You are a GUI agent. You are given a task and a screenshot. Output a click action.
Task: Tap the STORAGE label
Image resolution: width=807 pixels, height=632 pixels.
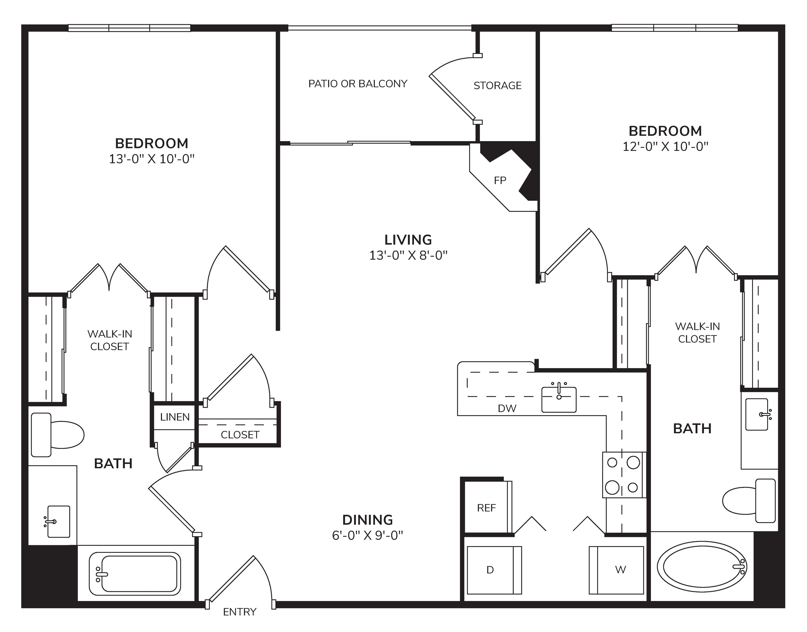[498, 85]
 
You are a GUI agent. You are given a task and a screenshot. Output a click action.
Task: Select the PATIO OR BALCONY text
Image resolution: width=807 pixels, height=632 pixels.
[358, 84]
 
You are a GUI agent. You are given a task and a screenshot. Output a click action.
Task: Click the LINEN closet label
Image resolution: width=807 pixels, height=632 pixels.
[175, 417]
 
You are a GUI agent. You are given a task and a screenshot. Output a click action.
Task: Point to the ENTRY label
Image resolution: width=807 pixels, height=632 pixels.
[240, 612]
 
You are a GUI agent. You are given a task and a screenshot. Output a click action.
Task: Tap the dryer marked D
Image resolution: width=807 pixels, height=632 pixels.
[494, 570]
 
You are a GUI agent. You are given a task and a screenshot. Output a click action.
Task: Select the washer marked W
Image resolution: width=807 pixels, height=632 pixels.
[616, 570]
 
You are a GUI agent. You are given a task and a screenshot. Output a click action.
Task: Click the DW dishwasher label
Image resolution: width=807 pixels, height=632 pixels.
[507, 408]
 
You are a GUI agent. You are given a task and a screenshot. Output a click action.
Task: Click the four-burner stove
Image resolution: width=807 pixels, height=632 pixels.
[624, 475]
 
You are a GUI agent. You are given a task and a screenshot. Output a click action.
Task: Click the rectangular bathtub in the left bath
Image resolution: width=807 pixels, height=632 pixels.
[135, 574]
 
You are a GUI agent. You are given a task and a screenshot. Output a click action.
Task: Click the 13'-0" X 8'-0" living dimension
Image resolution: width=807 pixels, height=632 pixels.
[409, 255]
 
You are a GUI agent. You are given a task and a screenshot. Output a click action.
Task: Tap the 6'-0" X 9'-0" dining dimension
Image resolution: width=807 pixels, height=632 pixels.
[367, 535]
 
